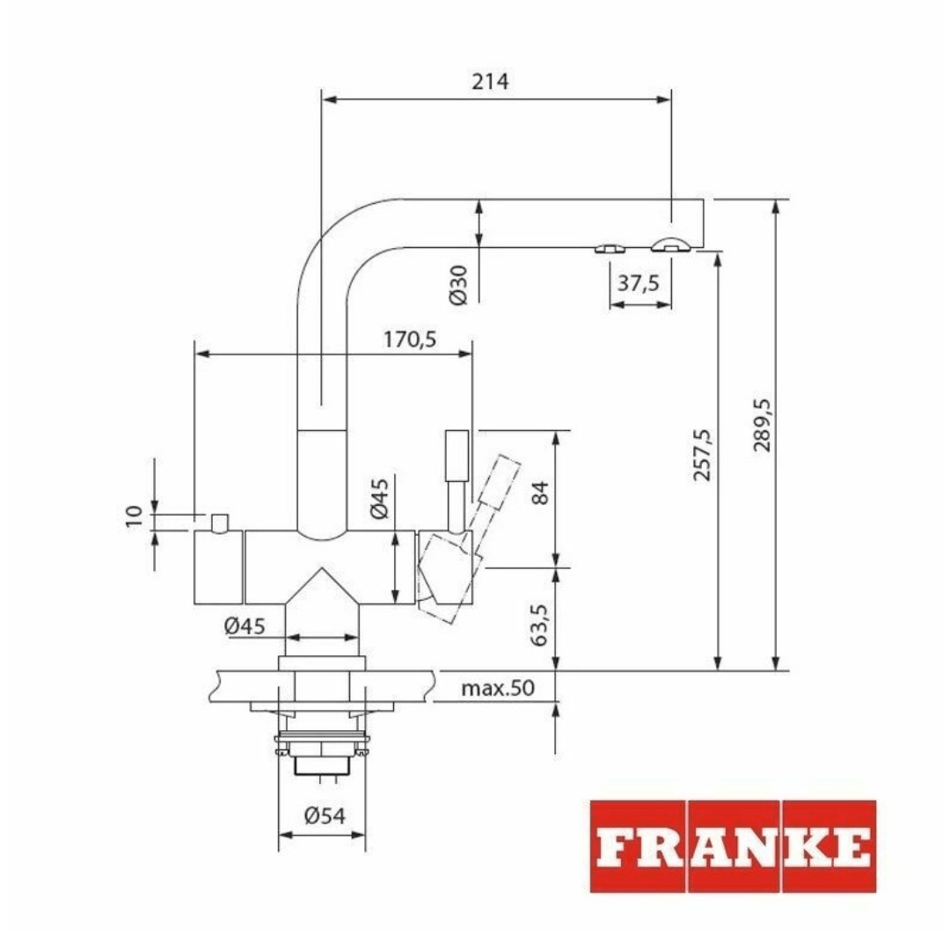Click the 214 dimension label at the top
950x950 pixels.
tap(490, 82)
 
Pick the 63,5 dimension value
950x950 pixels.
tap(539, 620)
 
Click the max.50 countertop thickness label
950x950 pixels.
tap(498, 688)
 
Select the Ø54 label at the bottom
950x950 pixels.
tap(323, 815)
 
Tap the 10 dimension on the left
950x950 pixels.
tap(135, 516)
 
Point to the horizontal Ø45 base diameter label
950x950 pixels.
tap(244, 625)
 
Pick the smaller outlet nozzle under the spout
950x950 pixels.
tap(610, 248)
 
